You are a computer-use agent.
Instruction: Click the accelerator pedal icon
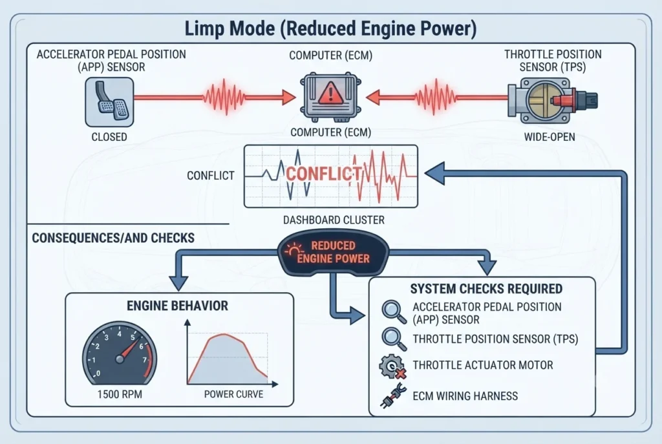[x=109, y=102]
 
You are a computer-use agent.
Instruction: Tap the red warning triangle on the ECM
[x=330, y=93]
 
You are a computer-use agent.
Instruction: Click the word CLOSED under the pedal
[x=109, y=137]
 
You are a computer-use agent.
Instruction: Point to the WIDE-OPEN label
[x=550, y=137]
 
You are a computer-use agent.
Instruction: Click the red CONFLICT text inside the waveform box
[x=323, y=173]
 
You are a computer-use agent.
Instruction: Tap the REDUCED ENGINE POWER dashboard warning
[x=333, y=253]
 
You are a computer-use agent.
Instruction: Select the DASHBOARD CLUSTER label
[x=334, y=220]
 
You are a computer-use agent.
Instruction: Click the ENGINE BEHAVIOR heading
[x=177, y=306]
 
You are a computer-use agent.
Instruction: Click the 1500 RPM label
[x=120, y=394]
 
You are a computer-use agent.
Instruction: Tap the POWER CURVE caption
[x=233, y=394]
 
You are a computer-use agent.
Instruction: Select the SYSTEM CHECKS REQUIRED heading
[x=486, y=289]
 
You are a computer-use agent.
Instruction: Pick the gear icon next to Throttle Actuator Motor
[x=392, y=366]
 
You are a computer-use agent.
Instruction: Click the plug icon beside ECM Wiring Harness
[x=394, y=396]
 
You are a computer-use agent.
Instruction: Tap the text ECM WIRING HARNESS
[x=465, y=396]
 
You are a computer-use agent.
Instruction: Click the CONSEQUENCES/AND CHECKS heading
[x=113, y=238]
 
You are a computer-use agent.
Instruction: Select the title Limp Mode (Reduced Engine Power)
[x=330, y=28]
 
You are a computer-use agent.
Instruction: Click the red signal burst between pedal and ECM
[x=224, y=97]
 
